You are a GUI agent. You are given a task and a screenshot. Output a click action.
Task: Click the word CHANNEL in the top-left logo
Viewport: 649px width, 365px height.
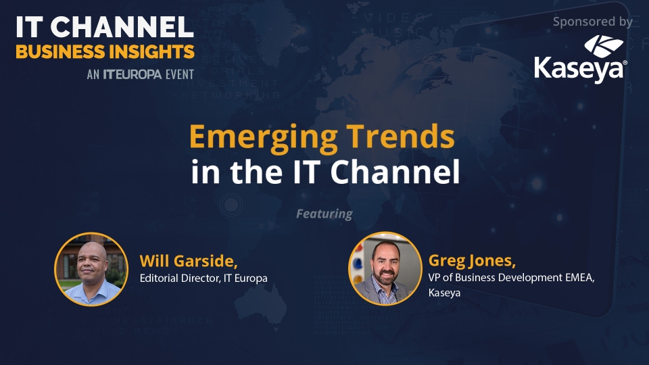[122, 27]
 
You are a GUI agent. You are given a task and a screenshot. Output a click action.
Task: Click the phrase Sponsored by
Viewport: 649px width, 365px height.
[593, 22]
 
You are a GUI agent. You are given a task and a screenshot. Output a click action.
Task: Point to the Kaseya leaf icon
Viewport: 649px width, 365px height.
[604, 47]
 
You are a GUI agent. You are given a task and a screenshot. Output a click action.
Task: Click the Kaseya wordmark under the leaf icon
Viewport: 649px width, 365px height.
[580, 70]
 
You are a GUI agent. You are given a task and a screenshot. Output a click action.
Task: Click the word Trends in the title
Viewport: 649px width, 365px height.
[401, 137]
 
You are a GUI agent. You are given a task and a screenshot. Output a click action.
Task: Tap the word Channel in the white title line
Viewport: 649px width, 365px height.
[395, 171]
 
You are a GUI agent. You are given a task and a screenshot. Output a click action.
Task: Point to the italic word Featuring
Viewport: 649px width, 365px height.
[324, 214]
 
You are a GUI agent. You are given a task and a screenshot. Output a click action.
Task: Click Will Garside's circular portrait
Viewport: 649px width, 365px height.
[91, 269]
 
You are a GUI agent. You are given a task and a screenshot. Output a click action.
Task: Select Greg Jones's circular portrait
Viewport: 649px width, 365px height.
[385, 268]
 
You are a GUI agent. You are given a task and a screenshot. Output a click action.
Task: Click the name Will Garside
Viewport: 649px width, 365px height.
[189, 261]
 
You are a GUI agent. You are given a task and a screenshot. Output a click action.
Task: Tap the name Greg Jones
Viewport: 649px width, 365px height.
[472, 261]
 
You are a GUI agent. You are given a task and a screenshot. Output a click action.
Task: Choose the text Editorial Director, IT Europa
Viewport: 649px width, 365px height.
[203, 278]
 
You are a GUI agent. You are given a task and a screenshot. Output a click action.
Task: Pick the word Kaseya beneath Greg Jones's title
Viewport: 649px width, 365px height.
[444, 293]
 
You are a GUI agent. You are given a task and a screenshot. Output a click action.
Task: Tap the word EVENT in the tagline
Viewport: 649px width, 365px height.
[180, 74]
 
